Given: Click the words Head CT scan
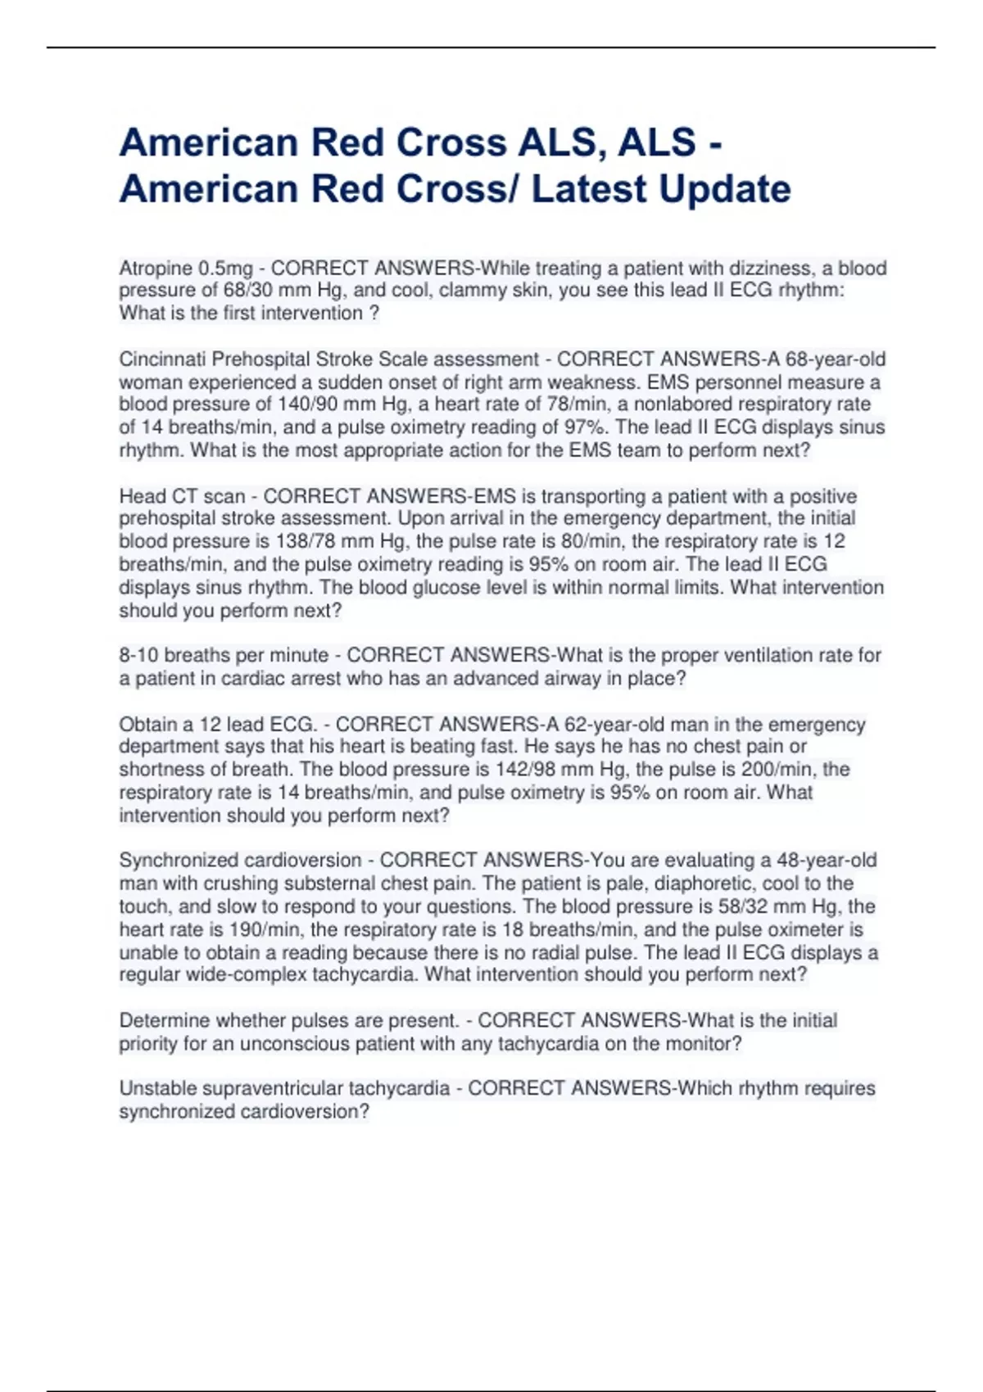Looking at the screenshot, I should click(x=182, y=496).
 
